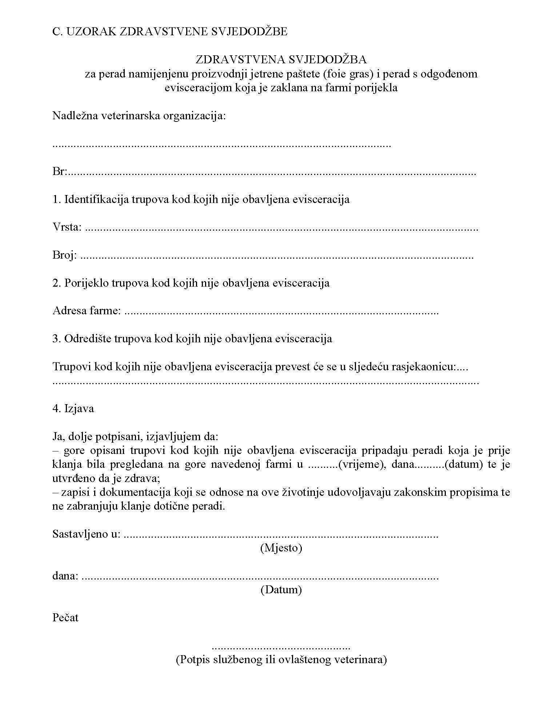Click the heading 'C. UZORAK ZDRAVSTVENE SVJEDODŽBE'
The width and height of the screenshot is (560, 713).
pyautogui.click(x=170, y=32)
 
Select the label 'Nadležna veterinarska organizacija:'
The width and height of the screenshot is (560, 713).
pyautogui.click(x=139, y=116)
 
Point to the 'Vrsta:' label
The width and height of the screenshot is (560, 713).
pyautogui.click(x=67, y=227)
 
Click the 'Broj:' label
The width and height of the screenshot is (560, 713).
pyautogui.click(x=65, y=255)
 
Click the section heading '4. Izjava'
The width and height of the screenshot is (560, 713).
pyautogui.click(x=73, y=409)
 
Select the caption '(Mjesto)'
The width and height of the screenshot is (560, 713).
pyautogui.click(x=281, y=548)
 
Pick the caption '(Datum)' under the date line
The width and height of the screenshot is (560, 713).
pyautogui.click(x=281, y=590)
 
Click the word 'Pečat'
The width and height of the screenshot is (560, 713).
pyautogui.click(x=65, y=618)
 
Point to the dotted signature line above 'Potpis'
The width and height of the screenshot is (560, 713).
pyautogui.click(x=281, y=648)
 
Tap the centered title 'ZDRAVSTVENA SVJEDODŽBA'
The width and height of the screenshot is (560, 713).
pyautogui.click(x=281, y=59)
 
